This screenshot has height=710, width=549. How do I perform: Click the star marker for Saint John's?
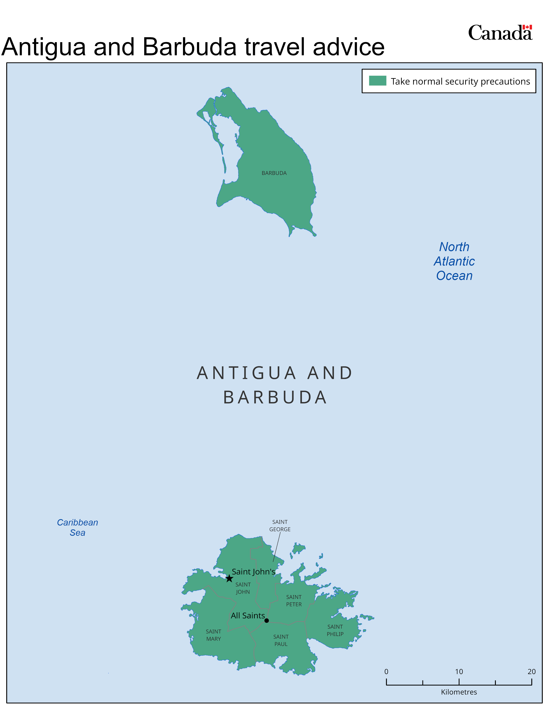coord(229,578)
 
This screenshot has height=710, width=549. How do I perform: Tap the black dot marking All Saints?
coord(267,620)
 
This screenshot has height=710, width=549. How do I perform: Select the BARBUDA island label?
coord(274,173)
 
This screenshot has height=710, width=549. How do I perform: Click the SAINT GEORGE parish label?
coord(280,525)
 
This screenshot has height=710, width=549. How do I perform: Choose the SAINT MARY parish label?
coord(213,635)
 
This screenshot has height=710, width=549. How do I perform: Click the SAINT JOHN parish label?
coord(243,588)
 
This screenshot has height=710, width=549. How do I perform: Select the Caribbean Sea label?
coord(78,527)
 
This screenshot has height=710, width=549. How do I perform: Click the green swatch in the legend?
coord(377,81)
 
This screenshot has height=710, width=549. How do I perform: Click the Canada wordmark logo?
coord(500,33)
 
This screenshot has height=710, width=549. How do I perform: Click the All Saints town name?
coord(248,615)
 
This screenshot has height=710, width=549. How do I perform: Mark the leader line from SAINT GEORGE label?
coord(276,547)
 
